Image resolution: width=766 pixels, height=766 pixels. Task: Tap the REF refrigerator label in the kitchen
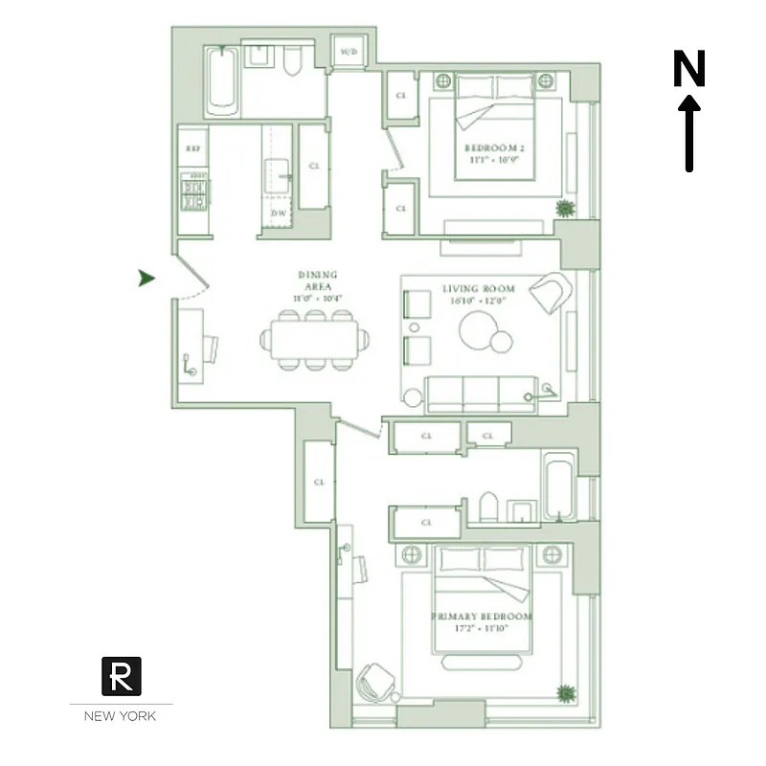[193, 148]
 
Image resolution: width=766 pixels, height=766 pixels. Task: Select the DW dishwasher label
[280, 213]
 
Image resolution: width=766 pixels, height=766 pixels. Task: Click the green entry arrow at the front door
[146, 278]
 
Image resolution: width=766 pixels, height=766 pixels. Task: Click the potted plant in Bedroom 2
[566, 208]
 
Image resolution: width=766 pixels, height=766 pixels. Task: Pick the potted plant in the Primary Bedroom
[566, 691]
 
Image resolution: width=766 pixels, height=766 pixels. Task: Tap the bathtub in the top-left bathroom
[221, 82]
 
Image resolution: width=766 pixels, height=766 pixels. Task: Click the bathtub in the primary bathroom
[557, 487]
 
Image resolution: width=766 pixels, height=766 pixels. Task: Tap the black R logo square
[122, 676]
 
